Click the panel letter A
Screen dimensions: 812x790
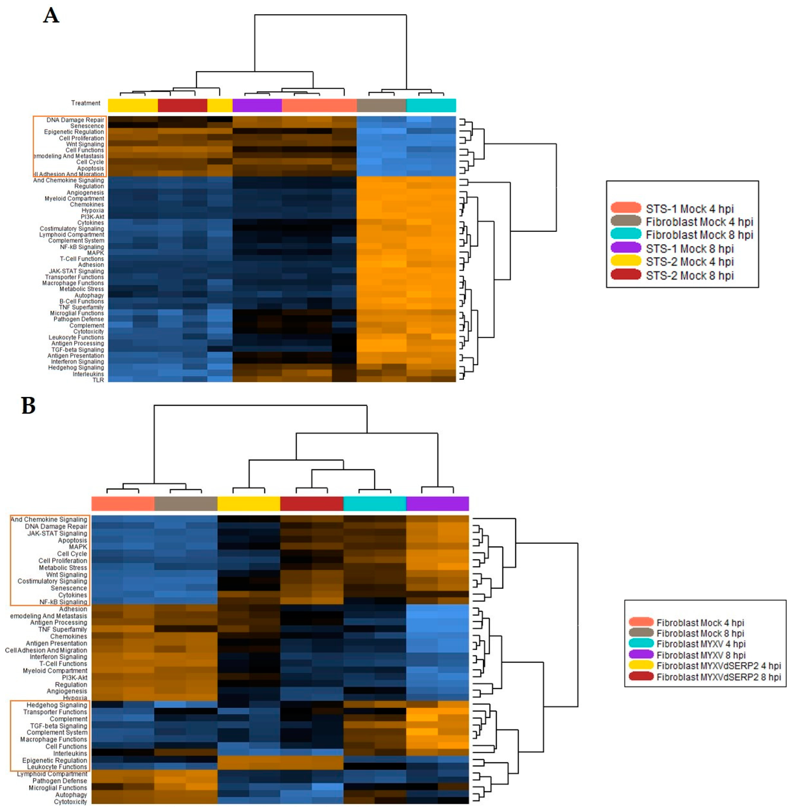point(51,16)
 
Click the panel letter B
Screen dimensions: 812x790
point(28,406)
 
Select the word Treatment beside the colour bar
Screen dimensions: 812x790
point(85,103)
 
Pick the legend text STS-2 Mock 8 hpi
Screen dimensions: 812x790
point(689,275)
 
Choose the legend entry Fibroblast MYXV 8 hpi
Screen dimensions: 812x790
point(700,655)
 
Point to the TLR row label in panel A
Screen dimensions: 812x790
point(98,380)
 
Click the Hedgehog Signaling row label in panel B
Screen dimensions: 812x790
point(57,705)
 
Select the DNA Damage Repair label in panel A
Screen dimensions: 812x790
point(75,120)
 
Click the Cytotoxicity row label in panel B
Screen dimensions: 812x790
point(71,802)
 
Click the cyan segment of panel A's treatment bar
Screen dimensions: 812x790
point(431,105)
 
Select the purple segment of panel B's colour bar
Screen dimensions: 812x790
point(437,503)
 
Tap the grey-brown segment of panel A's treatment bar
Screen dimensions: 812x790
point(381,105)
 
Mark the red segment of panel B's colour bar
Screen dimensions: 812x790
point(312,503)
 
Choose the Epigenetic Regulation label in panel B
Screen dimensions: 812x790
point(55,760)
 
